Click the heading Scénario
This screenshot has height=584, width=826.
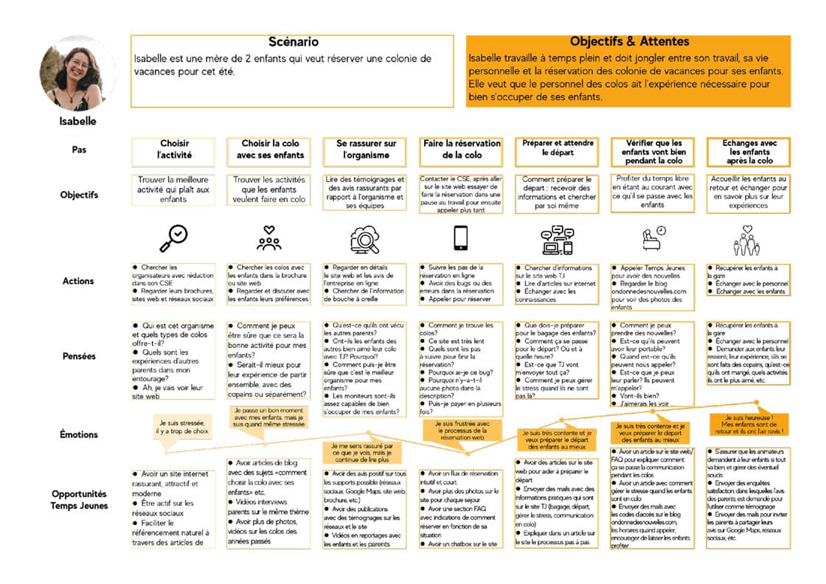pyautogui.click(x=293, y=43)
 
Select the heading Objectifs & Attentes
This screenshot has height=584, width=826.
pyautogui.click(x=629, y=42)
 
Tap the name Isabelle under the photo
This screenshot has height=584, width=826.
pyautogui.click(x=77, y=121)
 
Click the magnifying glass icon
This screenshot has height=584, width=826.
pyautogui.click(x=173, y=237)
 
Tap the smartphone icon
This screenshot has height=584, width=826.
pyautogui.click(x=461, y=237)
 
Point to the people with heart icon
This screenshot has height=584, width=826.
pyautogui.click(x=269, y=237)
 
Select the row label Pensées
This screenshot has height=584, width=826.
pyautogui.click(x=79, y=356)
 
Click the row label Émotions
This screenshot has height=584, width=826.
pyautogui.click(x=79, y=434)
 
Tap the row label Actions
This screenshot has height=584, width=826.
pyautogui.click(x=79, y=281)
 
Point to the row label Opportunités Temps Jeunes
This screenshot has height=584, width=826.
pyautogui.click(x=79, y=499)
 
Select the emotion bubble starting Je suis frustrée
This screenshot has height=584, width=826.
pyautogui.click(x=462, y=428)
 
